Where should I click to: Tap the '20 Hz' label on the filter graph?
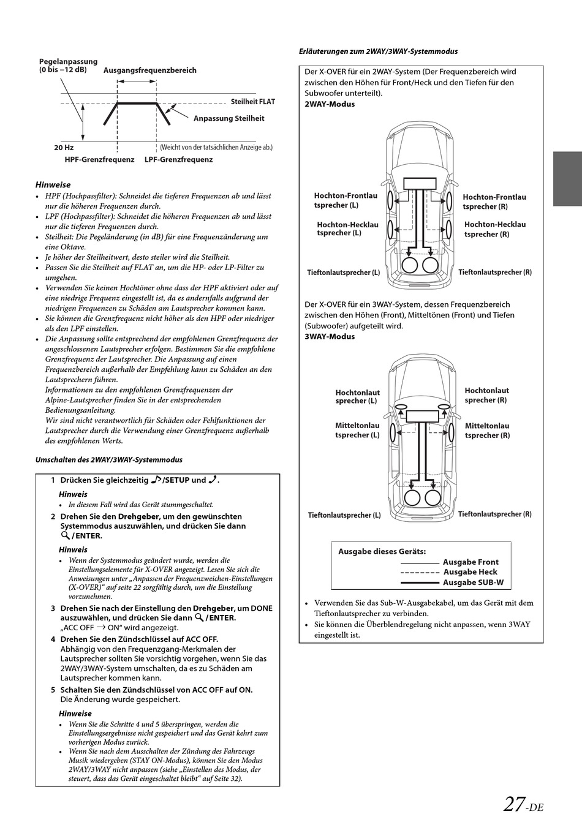click(x=64, y=148)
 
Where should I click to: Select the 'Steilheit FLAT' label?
click(x=253, y=102)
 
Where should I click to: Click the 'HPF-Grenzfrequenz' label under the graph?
click(x=99, y=159)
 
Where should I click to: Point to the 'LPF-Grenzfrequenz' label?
click(x=178, y=159)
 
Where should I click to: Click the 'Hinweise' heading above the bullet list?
click(x=53, y=184)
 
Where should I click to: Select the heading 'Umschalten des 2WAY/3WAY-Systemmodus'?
click(x=109, y=459)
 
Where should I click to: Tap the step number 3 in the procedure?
click(x=53, y=608)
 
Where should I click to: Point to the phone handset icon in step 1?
click(x=213, y=480)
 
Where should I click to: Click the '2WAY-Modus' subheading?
click(x=330, y=104)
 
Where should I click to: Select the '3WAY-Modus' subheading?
click(x=330, y=336)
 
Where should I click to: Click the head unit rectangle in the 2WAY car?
click(x=420, y=183)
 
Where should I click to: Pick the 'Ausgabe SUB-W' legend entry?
click(x=473, y=583)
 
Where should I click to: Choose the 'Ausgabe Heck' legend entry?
click(x=470, y=572)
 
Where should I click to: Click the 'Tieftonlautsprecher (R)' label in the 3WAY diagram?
click(x=494, y=515)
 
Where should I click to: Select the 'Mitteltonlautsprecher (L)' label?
click(x=357, y=430)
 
